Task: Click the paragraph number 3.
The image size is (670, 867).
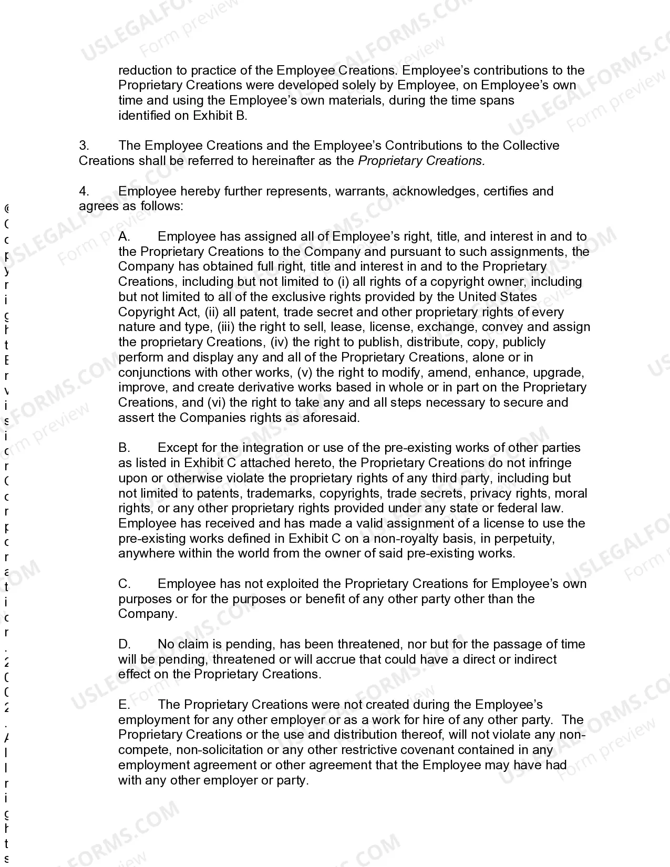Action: point(84,146)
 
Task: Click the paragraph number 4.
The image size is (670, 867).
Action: point(84,191)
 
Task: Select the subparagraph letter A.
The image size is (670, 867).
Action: point(124,236)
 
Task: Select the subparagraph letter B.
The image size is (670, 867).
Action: point(124,448)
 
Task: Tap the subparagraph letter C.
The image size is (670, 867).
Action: point(124,584)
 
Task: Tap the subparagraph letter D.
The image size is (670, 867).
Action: point(124,644)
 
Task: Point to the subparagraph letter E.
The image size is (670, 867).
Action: point(124,705)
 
